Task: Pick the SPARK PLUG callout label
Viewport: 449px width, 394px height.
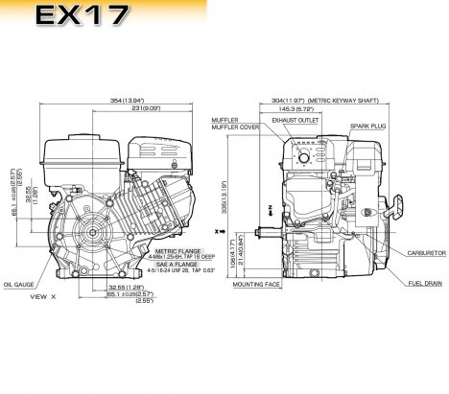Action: click(368, 125)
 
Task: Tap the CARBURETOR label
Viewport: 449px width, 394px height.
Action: click(422, 252)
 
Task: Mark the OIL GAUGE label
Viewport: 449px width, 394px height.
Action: click(20, 284)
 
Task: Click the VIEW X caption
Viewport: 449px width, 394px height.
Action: click(42, 297)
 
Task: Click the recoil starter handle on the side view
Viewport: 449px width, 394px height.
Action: click(400, 209)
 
